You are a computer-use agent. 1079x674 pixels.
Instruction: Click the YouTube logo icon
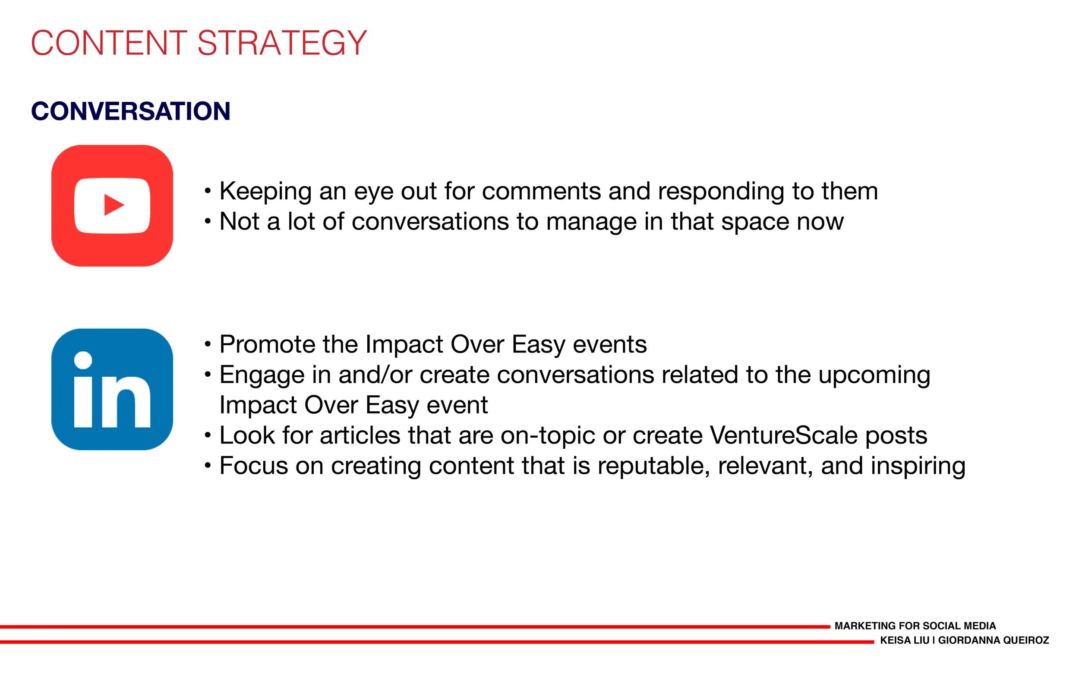(112, 205)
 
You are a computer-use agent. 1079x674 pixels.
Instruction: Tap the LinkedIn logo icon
(112, 389)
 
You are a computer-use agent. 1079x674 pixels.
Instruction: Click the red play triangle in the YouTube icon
(114, 205)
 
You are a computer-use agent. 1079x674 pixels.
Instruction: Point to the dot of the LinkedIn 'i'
(83, 360)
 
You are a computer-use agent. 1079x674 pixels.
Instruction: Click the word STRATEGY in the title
(282, 43)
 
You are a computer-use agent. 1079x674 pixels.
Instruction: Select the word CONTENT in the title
(109, 43)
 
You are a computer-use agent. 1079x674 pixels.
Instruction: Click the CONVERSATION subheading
(131, 111)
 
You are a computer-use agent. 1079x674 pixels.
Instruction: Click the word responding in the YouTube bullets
(721, 192)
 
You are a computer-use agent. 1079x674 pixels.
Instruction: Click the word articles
(360, 435)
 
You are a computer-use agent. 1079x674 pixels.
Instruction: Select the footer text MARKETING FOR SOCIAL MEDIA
(915, 626)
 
